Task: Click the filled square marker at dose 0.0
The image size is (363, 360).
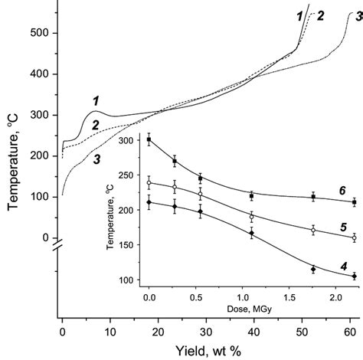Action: coord(149,139)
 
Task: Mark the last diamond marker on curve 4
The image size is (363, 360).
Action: coord(355,276)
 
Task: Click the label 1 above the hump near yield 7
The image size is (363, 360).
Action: coord(96,101)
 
